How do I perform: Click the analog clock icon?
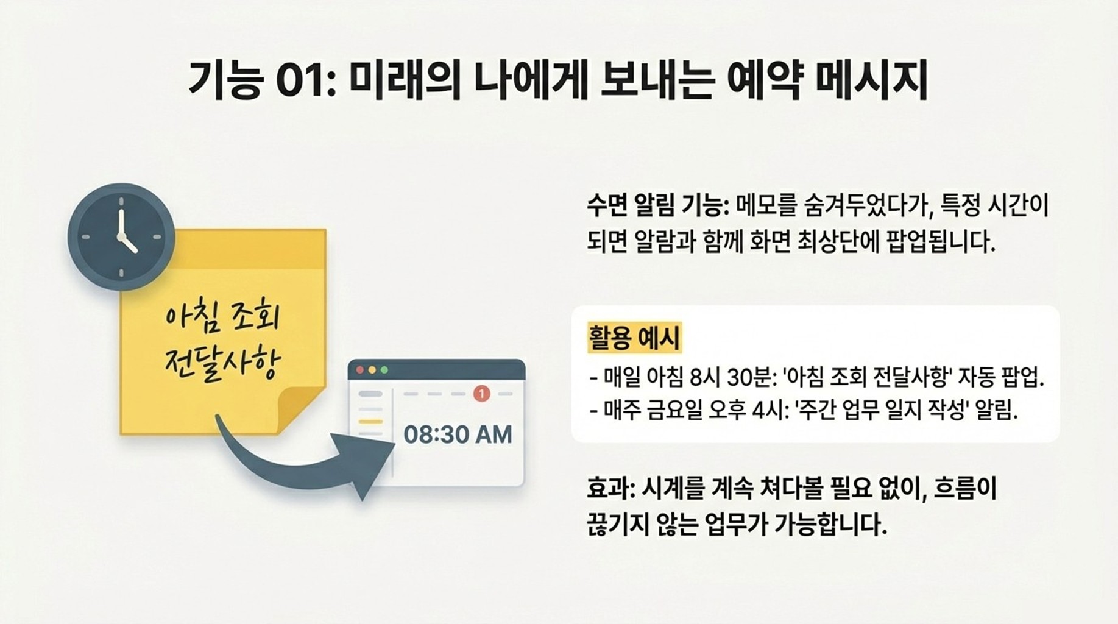tap(121, 236)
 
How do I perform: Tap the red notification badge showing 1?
tap(481, 394)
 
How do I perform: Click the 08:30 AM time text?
tap(458, 434)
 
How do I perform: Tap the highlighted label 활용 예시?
tap(634, 338)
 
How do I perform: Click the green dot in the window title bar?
tap(384, 370)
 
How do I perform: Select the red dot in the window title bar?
tap(360, 370)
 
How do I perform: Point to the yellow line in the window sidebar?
tap(370, 422)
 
